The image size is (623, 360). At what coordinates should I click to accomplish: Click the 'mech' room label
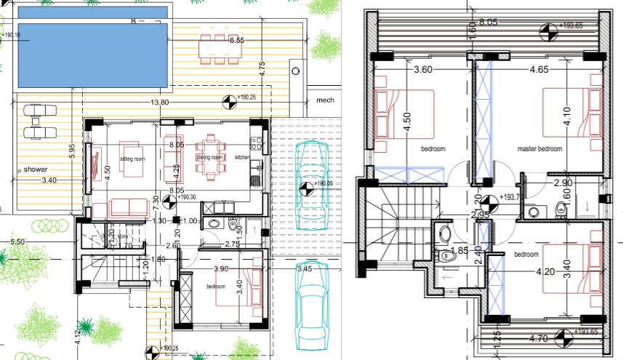tap(323, 101)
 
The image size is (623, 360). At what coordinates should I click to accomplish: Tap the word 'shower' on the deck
tap(35, 169)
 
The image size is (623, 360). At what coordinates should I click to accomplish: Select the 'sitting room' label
tap(133, 157)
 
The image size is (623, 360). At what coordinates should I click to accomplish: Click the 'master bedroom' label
tap(540, 148)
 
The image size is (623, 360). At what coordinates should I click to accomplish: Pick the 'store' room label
tap(121, 236)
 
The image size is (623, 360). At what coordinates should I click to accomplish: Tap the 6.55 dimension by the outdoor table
tap(236, 41)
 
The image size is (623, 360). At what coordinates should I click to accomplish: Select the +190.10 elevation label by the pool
tap(11, 33)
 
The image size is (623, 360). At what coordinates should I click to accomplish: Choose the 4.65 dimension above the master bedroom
tap(539, 71)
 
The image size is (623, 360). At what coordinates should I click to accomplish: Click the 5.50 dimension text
tap(17, 241)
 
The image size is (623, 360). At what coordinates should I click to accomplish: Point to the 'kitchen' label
tap(242, 157)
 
